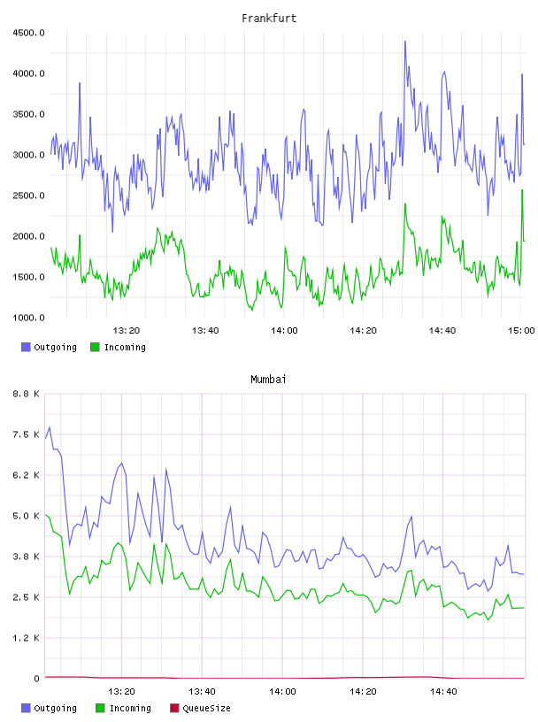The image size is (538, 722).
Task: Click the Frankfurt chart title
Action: (269, 19)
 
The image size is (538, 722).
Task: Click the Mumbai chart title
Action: (268, 380)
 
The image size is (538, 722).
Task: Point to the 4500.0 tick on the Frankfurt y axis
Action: (28, 33)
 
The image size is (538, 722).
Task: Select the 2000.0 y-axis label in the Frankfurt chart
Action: (28, 236)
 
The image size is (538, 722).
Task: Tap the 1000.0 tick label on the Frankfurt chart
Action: (28, 318)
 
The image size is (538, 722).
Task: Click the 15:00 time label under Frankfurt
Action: (521, 331)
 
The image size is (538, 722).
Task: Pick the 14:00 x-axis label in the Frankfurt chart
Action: (284, 331)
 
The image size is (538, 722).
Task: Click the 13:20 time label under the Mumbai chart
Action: (121, 692)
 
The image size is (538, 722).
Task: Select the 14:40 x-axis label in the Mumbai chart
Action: (443, 692)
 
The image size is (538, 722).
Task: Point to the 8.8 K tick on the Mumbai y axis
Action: (27, 394)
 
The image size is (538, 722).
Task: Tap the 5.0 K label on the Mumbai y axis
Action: (27, 516)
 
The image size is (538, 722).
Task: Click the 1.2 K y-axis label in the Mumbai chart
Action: (27, 638)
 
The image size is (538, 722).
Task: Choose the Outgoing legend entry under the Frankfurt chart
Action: (49, 347)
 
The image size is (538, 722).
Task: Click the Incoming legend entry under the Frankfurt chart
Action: (118, 347)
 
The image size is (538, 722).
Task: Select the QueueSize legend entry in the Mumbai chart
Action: (200, 708)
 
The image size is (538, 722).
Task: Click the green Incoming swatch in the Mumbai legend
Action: (100, 708)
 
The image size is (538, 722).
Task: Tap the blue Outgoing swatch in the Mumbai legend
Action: (26, 708)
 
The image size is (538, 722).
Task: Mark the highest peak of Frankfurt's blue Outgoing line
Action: (405, 42)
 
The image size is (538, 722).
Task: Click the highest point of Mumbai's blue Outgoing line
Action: (50, 427)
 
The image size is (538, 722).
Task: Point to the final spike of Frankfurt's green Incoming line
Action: (522, 189)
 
